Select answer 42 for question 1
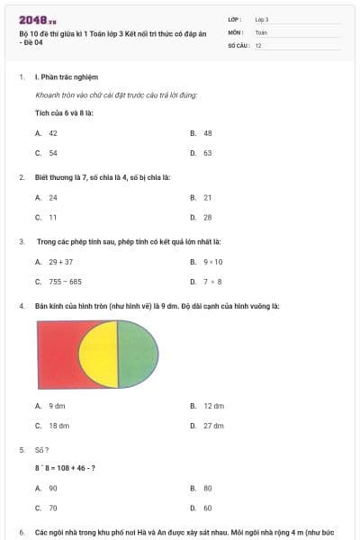pyautogui.click(x=53, y=132)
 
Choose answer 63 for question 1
pyautogui.click(x=207, y=153)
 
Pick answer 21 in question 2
pyautogui.click(x=207, y=197)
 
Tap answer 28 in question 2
pyautogui.click(x=207, y=217)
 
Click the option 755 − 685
pyautogui.click(x=65, y=282)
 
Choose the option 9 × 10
pyautogui.click(x=212, y=262)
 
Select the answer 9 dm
pyautogui.click(x=57, y=406)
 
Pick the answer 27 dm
pyautogui.click(x=213, y=426)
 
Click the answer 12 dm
pyautogui.click(x=213, y=406)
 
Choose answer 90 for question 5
pyautogui.click(x=53, y=488)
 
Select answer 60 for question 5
pyautogui.click(x=207, y=508)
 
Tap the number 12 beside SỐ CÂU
pyautogui.click(x=258, y=44)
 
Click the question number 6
pyautogui.click(x=22, y=533)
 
